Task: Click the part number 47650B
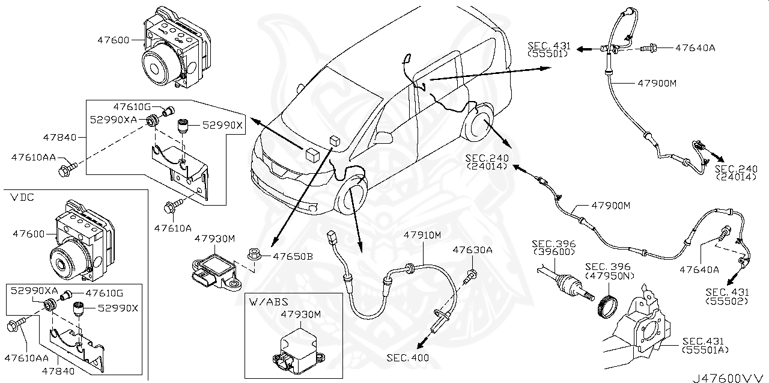click(x=293, y=256)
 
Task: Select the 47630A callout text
click(x=472, y=250)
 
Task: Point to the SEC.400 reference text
click(x=408, y=358)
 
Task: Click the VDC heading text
click(x=22, y=197)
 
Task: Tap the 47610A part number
click(x=172, y=228)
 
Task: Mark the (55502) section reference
click(x=726, y=301)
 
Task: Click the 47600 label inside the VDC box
click(x=29, y=234)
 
